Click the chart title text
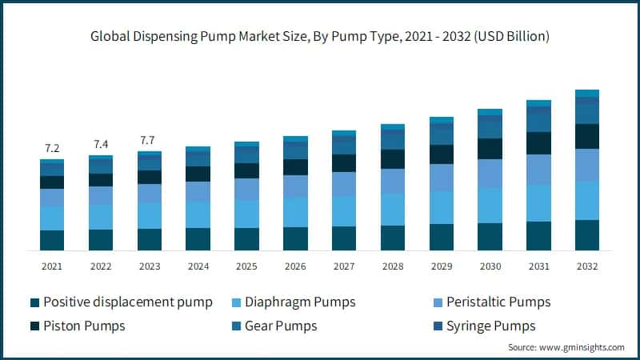319,37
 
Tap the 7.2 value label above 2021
52,148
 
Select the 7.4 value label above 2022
101,144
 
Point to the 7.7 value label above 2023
149,140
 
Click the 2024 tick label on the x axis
198,266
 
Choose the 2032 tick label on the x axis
587,266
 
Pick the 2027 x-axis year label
344,266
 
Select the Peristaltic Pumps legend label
498,302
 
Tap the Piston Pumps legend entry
84,326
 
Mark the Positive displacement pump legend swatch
34,302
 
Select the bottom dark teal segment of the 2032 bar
587,235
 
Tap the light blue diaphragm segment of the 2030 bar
490,206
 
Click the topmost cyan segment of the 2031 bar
538,103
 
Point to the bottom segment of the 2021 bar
52,240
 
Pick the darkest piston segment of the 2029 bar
441,154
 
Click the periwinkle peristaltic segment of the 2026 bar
295,186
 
